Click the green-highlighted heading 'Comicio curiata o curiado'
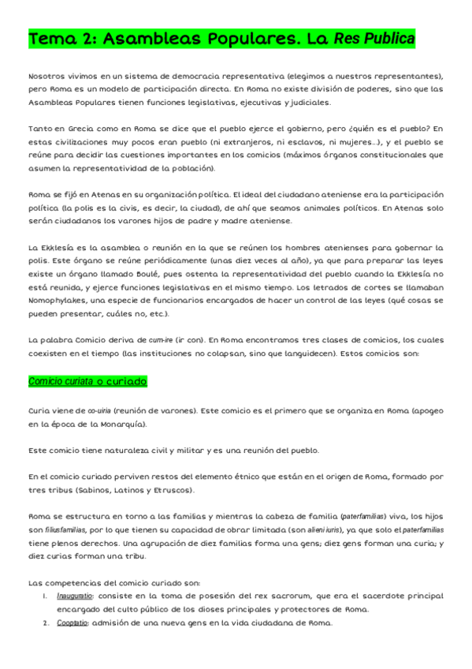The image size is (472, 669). point(87,381)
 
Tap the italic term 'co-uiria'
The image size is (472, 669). point(98,410)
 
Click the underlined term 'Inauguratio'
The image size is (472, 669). point(76,596)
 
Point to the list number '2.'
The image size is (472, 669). point(46,623)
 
